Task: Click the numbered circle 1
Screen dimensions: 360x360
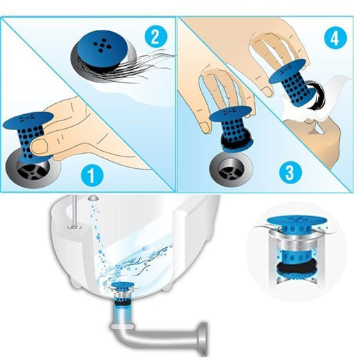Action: click(x=92, y=176)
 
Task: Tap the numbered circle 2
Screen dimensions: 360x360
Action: click(x=156, y=37)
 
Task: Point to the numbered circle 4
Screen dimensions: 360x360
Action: click(x=335, y=38)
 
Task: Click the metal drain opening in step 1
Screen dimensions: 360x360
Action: click(x=33, y=168)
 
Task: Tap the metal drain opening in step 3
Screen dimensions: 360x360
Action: click(x=231, y=169)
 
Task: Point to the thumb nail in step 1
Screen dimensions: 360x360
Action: click(x=39, y=146)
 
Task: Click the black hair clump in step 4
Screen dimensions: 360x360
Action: click(x=316, y=95)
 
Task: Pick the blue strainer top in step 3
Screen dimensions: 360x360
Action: click(x=231, y=113)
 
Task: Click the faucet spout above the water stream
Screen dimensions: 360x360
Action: click(x=94, y=197)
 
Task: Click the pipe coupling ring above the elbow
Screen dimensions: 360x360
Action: click(x=123, y=326)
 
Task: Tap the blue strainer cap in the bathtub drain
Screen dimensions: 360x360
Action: click(x=123, y=286)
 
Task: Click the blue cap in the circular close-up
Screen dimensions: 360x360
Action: click(x=296, y=220)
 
